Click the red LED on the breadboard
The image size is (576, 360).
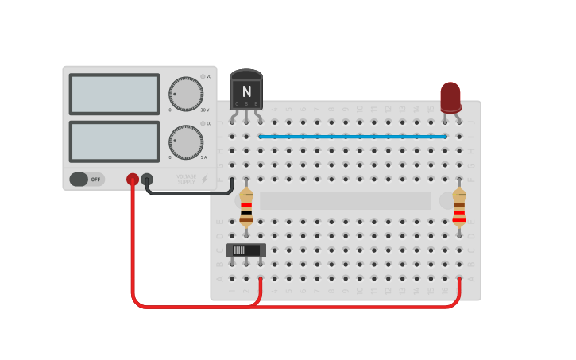[450, 97]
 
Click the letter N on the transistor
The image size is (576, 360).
[246, 91]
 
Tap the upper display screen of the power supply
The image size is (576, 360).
[114, 95]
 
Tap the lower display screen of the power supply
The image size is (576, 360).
[114, 141]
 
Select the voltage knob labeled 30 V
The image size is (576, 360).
[186, 94]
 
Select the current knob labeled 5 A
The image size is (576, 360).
[186, 141]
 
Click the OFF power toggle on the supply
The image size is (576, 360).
[87, 180]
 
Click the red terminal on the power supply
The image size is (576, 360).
[133, 180]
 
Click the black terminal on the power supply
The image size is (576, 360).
[147, 180]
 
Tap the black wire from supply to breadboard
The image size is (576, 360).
[191, 192]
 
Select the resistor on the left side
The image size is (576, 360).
[246, 208]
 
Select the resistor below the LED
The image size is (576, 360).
[459, 208]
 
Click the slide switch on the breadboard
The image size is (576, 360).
[246, 250]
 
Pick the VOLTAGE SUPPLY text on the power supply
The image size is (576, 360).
[187, 180]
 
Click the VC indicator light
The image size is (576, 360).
[203, 76]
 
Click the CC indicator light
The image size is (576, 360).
[203, 123]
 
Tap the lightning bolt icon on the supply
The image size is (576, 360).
[205, 180]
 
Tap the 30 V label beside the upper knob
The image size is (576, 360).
[205, 110]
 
